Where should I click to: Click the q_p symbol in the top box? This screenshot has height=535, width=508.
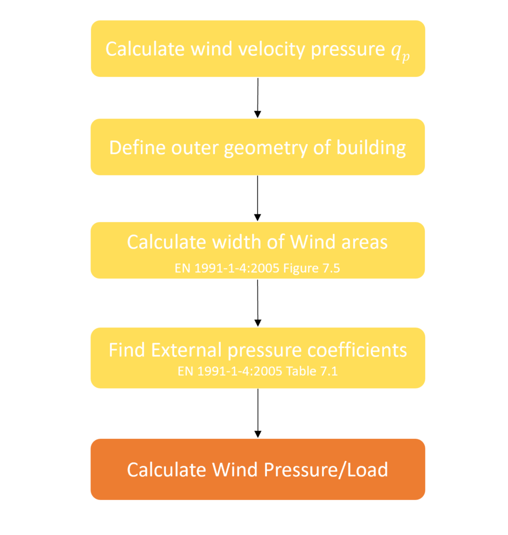[x=400, y=53]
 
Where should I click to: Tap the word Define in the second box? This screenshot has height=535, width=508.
[x=138, y=148]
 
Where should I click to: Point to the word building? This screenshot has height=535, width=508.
[x=371, y=148]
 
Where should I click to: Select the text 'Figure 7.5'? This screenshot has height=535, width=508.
[x=312, y=269]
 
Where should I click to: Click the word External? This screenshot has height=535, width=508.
[x=187, y=351]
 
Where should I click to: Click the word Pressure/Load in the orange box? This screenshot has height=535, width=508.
[x=326, y=470]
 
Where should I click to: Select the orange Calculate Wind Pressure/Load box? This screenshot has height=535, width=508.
[x=258, y=470]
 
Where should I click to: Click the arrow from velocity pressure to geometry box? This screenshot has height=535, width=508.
[x=258, y=98]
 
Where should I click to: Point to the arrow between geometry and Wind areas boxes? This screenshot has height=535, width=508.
[x=258, y=198]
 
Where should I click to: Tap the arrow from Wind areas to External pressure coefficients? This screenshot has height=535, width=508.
[x=258, y=303]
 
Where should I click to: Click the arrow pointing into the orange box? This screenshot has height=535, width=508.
[x=258, y=413]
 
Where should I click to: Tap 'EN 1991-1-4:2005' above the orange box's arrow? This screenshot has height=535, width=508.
[x=230, y=371]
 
